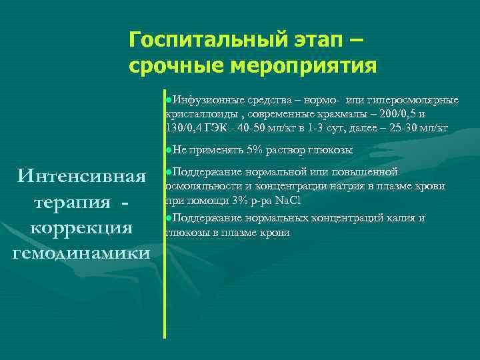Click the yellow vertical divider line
click(164, 213)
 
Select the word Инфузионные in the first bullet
click(202, 100)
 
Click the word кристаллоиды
click(196, 114)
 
